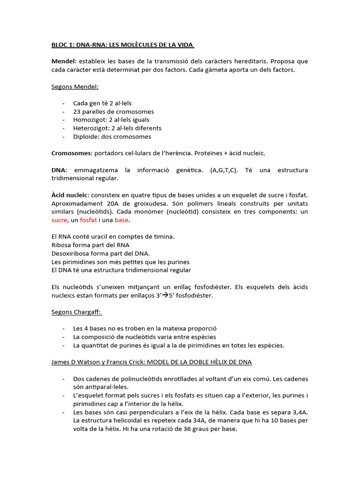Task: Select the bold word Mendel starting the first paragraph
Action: point(63,61)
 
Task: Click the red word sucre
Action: point(59,220)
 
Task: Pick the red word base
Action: point(121,220)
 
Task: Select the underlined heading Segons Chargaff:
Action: point(76,312)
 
